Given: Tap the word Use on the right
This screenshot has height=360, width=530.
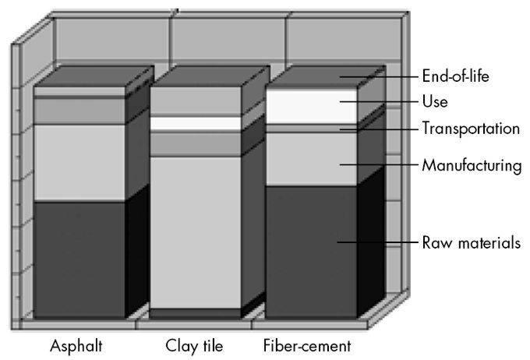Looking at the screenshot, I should point(434,102).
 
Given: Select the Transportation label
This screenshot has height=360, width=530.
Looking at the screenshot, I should point(471,129).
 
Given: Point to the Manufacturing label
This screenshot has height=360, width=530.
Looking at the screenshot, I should point(471,165).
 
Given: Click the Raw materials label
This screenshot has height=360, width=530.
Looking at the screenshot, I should point(471,242).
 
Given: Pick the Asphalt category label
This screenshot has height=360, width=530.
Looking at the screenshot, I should point(76,344).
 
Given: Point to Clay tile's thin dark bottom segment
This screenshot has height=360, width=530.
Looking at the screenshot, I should point(195,313).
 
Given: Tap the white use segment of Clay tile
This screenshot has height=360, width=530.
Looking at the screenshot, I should point(195,123).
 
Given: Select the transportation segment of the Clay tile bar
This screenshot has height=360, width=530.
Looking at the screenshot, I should point(195,143).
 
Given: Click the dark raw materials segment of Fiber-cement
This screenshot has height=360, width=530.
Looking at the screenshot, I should point(311,249).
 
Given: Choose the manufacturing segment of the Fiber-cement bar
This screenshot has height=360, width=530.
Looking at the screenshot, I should point(311,159).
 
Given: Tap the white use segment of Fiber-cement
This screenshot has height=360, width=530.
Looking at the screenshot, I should point(311,106).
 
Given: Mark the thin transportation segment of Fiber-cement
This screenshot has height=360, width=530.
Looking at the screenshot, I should point(311,128).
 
